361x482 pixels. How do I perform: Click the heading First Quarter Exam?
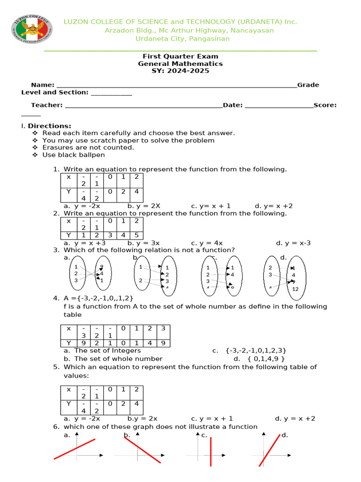(x=180, y=56)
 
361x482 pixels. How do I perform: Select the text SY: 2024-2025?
(x=180, y=71)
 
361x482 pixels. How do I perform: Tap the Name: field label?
(x=43, y=85)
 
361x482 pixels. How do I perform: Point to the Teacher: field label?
(x=47, y=105)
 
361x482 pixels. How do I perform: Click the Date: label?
(x=233, y=105)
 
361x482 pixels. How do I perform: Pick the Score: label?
(x=325, y=105)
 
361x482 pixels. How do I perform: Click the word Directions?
(x=49, y=126)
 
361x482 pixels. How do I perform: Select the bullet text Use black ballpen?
(x=73, y=155)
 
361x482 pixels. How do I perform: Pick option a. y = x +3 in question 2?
(x=85, y=243)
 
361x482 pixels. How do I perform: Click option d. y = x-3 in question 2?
(x=293, y=243)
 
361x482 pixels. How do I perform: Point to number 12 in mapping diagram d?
(x=295, y=289)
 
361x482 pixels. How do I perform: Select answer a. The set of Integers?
(x=102, y=351)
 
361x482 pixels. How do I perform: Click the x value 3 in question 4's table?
(x=163, y=329)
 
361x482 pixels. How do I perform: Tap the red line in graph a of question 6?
(x=75, y=449)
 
